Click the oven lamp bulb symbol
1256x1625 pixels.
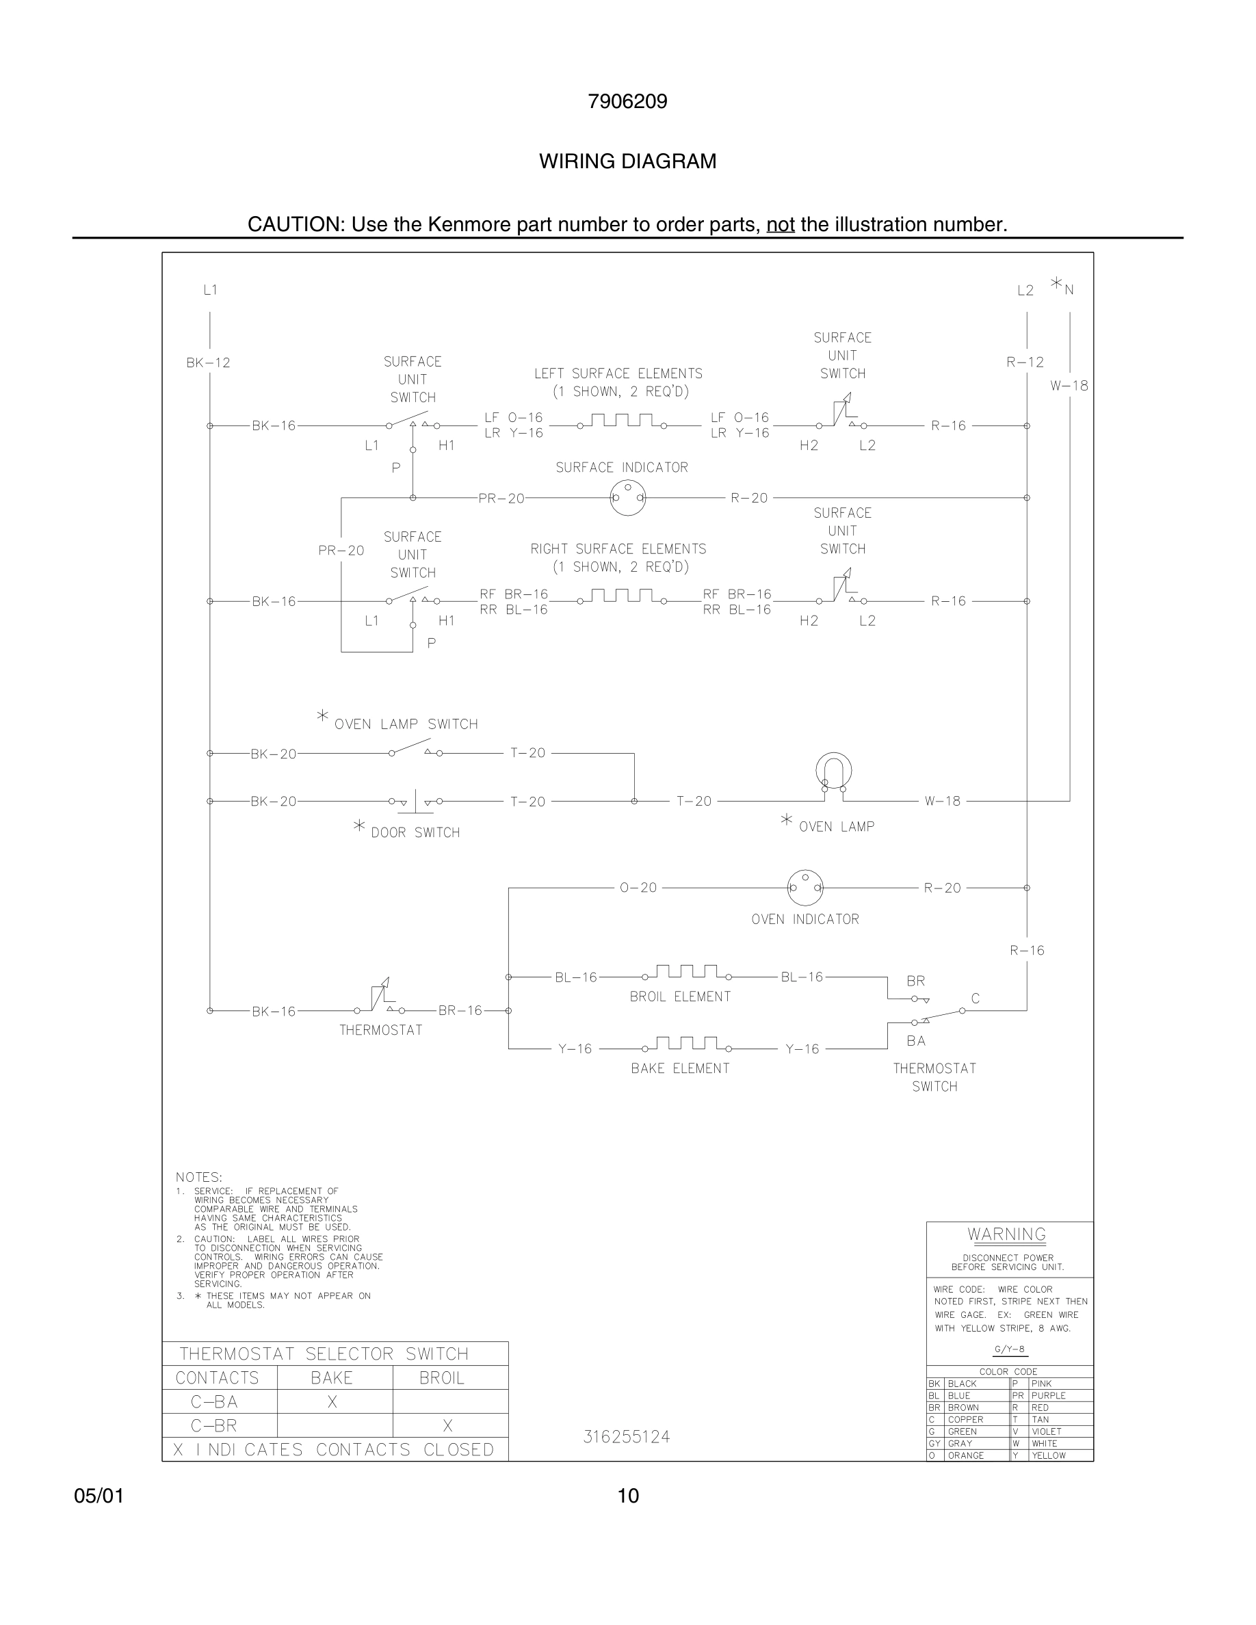coord(833,772)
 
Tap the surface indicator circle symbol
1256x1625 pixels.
coord(627,497)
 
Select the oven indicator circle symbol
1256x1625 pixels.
coord(805,887)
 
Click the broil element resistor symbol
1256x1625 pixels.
coord(686,973)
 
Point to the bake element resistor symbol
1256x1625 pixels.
coord(686,1044)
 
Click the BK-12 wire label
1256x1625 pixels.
coord(209,363)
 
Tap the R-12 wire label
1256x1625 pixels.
coord(1025,362)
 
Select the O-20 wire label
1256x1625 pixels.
coord(638,888)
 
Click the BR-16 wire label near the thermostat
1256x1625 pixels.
coord(460,1010)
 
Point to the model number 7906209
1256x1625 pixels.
coord(627,101)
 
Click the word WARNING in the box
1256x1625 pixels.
coord(1007,1234)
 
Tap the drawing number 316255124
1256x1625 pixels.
coord(627,1437)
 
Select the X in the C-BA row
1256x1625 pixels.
coord(332,1402)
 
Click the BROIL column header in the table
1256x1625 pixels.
coord(441,1378)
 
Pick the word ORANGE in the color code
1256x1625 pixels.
coord(966,1455)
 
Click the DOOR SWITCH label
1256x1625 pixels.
coord(415,832)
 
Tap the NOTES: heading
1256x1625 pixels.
coord(198,1177)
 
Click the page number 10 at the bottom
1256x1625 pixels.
coord(628,1496)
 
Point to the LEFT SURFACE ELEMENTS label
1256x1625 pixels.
coord(618,373)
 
